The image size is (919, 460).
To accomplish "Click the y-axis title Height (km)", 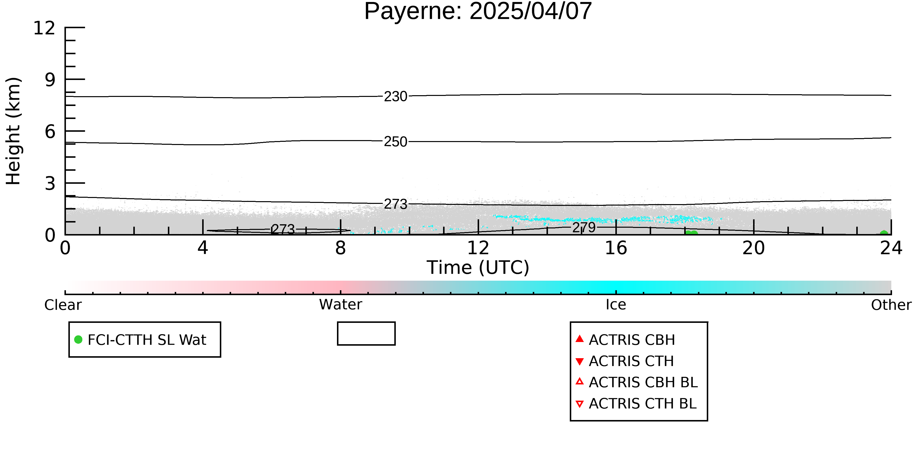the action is pyautogui.click(x=13, y=131).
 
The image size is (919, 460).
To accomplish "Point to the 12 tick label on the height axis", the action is pyautogui.click(x=44, y=28).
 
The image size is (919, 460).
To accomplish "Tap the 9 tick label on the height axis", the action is pyautogui.click(x=50, y=80).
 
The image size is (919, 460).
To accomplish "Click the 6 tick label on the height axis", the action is pyautogui.click(x=50, y=132).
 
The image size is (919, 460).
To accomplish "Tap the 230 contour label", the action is pyautogui.click(x=395, y=96).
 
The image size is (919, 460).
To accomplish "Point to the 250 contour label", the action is pyautogui.click(x=395, y=142).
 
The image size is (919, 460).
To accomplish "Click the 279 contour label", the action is pyautogui.click(x=584, y=227).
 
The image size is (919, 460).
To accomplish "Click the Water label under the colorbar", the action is pyautogui.click(x=341, y=305).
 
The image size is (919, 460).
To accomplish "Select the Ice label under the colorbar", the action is pyautogui.click(x=616, y=305).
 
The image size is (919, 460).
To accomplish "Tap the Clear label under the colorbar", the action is pyautogui.click(x=63, y=305).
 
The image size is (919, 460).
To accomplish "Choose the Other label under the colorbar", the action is pyautogui.click(x=891, y=305).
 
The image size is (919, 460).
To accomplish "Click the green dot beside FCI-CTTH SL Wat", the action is pyautogui.click(x=78, y=339).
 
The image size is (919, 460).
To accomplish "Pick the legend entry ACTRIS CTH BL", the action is pyautogui.click(x=636, y=404).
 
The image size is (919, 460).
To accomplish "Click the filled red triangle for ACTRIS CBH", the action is pyautogui.click(x=580, y=339).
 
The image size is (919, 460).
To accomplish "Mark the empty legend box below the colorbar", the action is pyautogui.click(x=366, y=334).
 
